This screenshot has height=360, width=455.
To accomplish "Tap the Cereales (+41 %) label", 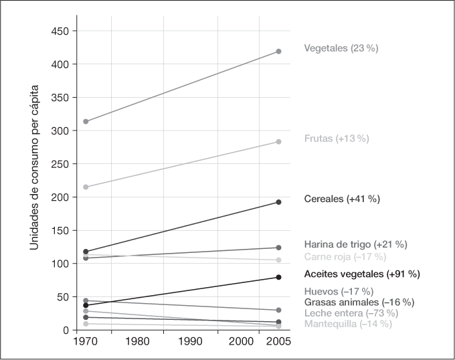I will pyautogui.click(x=341, y=199).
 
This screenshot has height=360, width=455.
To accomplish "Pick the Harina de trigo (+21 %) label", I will pyautogui.click(x=355, y=244).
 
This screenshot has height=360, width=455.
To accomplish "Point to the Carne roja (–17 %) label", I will pyautogui.click(x=345, y=256).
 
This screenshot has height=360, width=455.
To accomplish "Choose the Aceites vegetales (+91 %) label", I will pyautogui.click(x=361, y=274).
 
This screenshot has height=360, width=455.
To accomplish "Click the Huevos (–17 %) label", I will pyautogui.click(x=339, y=291).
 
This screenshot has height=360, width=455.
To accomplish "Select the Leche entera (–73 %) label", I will pyautogui.click(x=351, y=313).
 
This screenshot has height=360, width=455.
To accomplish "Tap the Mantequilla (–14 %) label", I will pyautogui.click(x=347, y=324).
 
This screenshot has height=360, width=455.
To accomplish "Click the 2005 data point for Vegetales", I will pyautogui.click(x=278, y=52).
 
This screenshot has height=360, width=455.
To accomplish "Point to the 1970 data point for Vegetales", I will pyautogui.click(x=86, y=122).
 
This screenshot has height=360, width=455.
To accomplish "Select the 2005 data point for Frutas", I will pyautogui.click(x=278, y=142).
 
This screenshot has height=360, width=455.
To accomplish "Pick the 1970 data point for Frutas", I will pyautogui.click(x=86, y=187).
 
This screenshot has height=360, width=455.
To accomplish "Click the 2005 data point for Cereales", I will pyautogui.click(x=278, y=202).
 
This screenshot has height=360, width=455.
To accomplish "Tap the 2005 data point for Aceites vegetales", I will pyautogui.click(x=278, y=277).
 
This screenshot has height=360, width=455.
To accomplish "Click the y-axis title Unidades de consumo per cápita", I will pyautogui.click(x=33, y=169).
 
